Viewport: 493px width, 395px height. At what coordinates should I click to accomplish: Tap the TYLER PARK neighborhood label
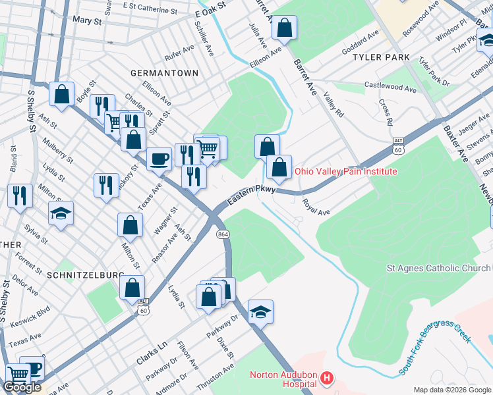pos(381,58)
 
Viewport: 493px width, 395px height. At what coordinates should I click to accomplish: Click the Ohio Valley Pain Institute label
pos(345,171)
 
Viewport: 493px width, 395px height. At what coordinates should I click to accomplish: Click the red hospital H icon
pos(326,379)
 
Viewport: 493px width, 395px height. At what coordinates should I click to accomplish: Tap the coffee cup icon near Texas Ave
pos(159,158)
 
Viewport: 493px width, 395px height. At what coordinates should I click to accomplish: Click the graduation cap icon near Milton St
pos(61,213)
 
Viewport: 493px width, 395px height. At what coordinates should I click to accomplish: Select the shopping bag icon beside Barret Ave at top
pos(285,28)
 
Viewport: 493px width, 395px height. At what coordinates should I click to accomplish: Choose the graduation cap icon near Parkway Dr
pos(261,311)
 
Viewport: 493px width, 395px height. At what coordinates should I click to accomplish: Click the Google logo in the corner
pos(22,387)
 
